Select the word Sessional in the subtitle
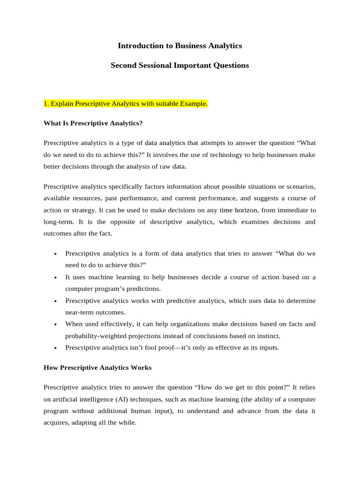tap(157, 65)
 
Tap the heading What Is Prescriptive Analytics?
tap(93, 123)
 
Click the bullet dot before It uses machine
tap(55, 278)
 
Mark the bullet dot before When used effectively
tap(55, 325)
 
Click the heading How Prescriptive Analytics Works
tap(97, 367)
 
